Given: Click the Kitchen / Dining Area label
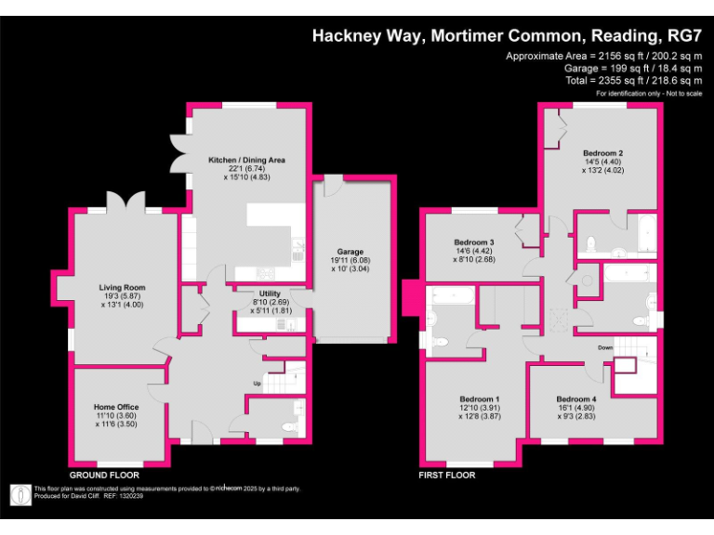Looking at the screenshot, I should pos(246,160).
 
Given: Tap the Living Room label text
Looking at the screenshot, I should pos(123,288).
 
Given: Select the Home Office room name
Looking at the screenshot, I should pos(116,407).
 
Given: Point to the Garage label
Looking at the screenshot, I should pos(350,252).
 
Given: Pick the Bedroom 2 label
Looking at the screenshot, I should pos(602,153).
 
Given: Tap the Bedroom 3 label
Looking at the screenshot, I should pos(473,241).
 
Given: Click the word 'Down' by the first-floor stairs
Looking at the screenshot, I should pos(605,348).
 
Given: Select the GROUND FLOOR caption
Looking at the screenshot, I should pos(104,475).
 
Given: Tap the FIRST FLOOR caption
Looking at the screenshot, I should pos(446,475).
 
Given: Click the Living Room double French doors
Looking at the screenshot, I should pos(126,202).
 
